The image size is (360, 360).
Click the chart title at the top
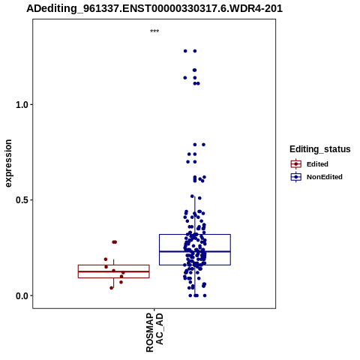pos(154,8)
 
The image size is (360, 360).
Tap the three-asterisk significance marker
pos(154,31)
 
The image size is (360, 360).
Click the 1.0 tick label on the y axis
pos(21,105)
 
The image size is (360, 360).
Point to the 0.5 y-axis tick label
pos(21,200)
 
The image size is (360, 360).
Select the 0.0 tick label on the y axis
pos(21,296)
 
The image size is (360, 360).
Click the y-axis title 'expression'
pos(8,163)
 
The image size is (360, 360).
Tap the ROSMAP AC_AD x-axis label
pos(154,332)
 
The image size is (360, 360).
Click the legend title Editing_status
pos(320,149)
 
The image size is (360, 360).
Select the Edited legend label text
pos(317,164)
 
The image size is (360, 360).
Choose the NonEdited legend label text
pos(325,177)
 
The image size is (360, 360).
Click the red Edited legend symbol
pos(296,164)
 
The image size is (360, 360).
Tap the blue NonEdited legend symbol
pos(296,177)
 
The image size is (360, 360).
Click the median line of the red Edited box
pos(114,271)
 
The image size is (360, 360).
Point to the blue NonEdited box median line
pos(195,251)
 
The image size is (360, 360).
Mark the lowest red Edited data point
pos(112,288)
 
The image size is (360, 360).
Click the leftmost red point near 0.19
pos(106,259)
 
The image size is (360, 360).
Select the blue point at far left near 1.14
pos(185,78)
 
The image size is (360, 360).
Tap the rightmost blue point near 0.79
pos(203,145)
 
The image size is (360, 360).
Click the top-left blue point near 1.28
pos(185,51)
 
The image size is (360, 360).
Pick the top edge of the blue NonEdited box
pos(195,235)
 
